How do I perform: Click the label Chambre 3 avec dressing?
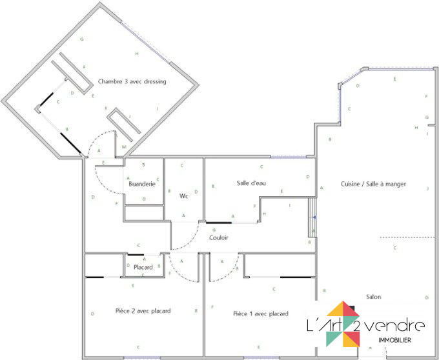point(132,81)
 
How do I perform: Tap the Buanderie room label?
point(142,184)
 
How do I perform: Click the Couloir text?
point(219,237)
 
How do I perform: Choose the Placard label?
point(143,266)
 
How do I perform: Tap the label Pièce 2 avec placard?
point(143,311)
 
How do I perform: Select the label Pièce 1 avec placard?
point(260,314)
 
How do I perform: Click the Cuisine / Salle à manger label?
point(373,184)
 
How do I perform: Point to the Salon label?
point(373,297)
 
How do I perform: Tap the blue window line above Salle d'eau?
point(288,157)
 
